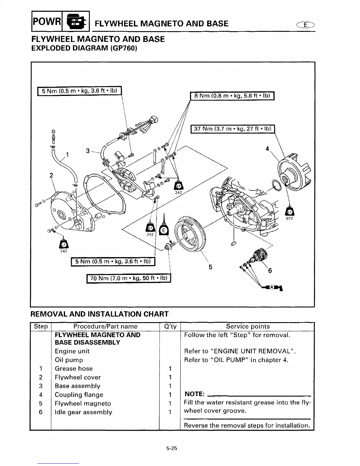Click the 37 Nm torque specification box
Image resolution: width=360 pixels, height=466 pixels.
tap(233, 129)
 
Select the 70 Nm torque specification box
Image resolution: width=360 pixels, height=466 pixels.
tap(129, 278)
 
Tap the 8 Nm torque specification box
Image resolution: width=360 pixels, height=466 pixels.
tap(232, 96)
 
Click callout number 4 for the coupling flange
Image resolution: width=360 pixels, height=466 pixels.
tap(267, 149)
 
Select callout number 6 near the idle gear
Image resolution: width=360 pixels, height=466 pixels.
tap(270, 270)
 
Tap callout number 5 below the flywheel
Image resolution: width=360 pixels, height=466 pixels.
tap(210, 267)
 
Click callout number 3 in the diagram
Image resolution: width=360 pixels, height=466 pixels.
tap(88, 151)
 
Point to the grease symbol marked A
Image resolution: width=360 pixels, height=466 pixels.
tap(272, 287)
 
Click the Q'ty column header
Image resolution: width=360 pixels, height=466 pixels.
tap(170, 326)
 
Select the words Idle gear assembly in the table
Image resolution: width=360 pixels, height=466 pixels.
tap(84, 412)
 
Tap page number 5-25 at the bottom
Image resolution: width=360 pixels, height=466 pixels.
tap(171, 449)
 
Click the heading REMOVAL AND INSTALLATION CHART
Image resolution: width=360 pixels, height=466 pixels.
tap(99, 314)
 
